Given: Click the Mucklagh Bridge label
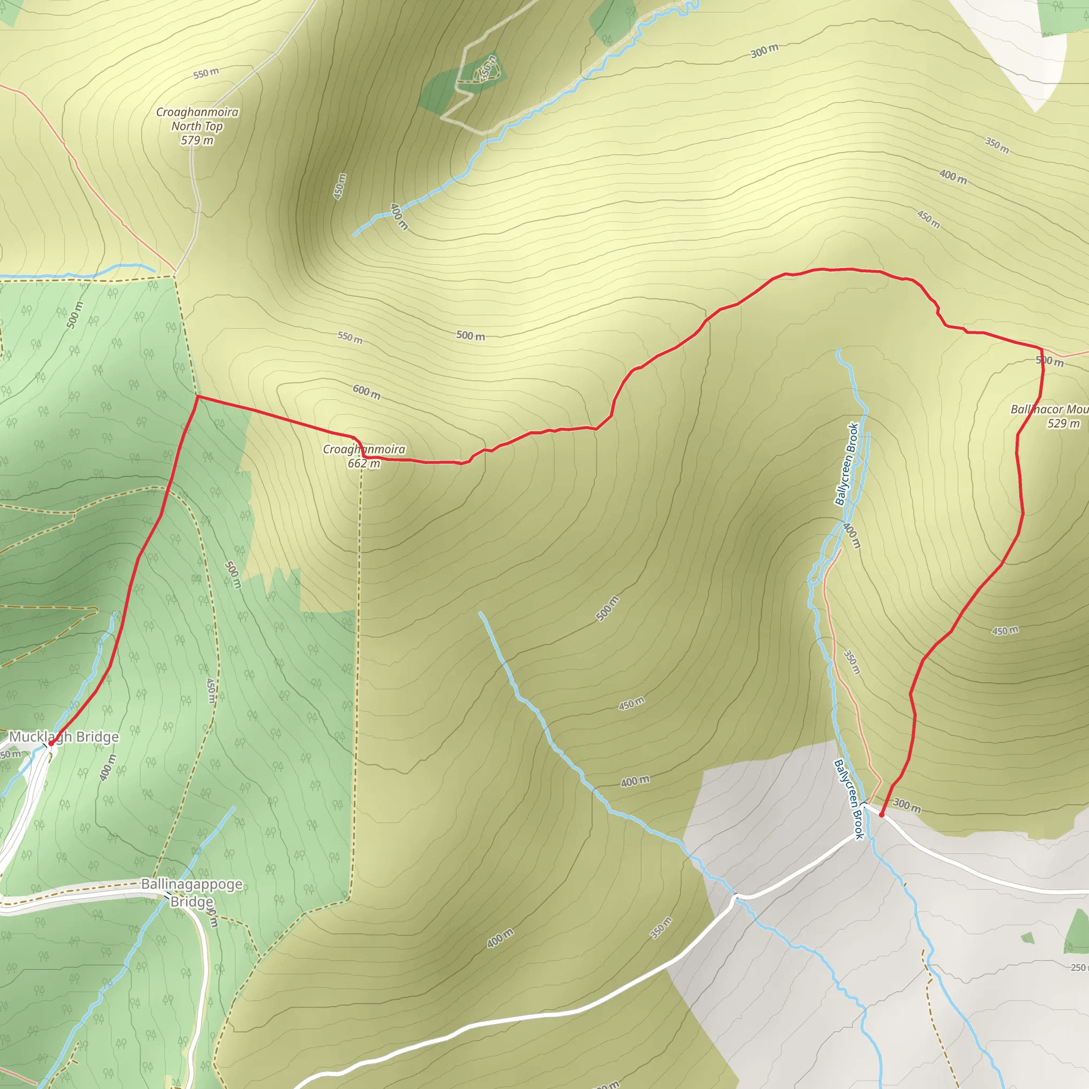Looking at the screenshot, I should pyautogui.click(x=64, y=736).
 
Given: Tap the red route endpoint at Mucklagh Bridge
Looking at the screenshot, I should pyautogui.click(x=51, y=743).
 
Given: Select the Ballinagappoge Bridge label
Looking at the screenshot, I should pyautogui.click(x=191, y=893).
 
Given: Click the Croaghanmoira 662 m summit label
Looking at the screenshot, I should pyautogui.click(x=364, y=456).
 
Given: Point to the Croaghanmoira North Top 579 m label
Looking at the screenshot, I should pyautogui.click(x=197, y=126).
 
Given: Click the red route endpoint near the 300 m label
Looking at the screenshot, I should pyautogui.click(x=881, y=815).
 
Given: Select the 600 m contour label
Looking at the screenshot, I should pyautogui.click(x=366, y=392).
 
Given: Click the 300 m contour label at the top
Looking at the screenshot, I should pyautogui.click(x=764, y=51).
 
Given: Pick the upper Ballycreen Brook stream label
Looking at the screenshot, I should pyautogui.click(x=847, y=464).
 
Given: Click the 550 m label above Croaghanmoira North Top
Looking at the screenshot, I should pyautogui.click(x=206, y=73).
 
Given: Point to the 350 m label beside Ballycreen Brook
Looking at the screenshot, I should pyautogui.click(x=852, y=663).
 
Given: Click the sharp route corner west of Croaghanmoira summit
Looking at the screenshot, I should pyautogui.click(x=197, y=397).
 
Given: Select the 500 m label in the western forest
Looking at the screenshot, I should pyautogui.click(x=74, y=315).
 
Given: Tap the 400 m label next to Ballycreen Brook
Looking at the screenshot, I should pyautogui.click(x=852, y=535).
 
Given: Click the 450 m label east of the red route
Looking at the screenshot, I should pyautogui.click(x=1005, y=631).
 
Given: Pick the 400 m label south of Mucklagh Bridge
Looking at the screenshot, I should pyautogui.click(x=107, y=767).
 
